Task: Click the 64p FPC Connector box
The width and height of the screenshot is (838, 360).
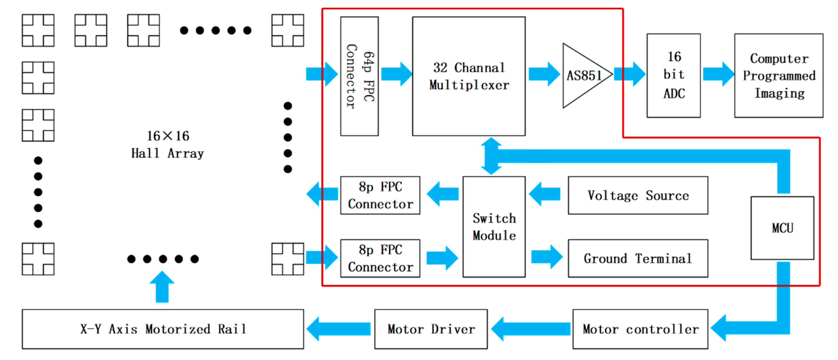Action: point(359,76)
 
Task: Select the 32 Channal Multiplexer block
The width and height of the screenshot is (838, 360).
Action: point(468,76)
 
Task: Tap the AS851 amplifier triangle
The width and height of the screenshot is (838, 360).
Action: point(582,76)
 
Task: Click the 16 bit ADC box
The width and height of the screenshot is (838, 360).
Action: point(673,76)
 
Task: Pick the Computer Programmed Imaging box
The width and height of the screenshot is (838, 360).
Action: point(779,76)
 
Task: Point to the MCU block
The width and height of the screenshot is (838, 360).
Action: point(782,228)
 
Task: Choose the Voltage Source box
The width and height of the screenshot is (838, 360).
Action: point(638,195)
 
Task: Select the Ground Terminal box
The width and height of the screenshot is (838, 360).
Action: point(638,258)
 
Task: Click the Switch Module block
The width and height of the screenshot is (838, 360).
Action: point(494,227)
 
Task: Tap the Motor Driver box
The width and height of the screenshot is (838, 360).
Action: point(431,329)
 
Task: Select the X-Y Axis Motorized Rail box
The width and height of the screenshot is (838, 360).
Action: point(163,329)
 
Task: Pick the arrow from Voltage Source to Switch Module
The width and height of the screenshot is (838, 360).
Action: point(545,194)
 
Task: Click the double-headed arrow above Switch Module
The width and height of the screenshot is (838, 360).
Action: point(491,156)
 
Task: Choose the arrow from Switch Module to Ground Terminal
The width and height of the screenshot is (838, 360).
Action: point(546,257)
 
